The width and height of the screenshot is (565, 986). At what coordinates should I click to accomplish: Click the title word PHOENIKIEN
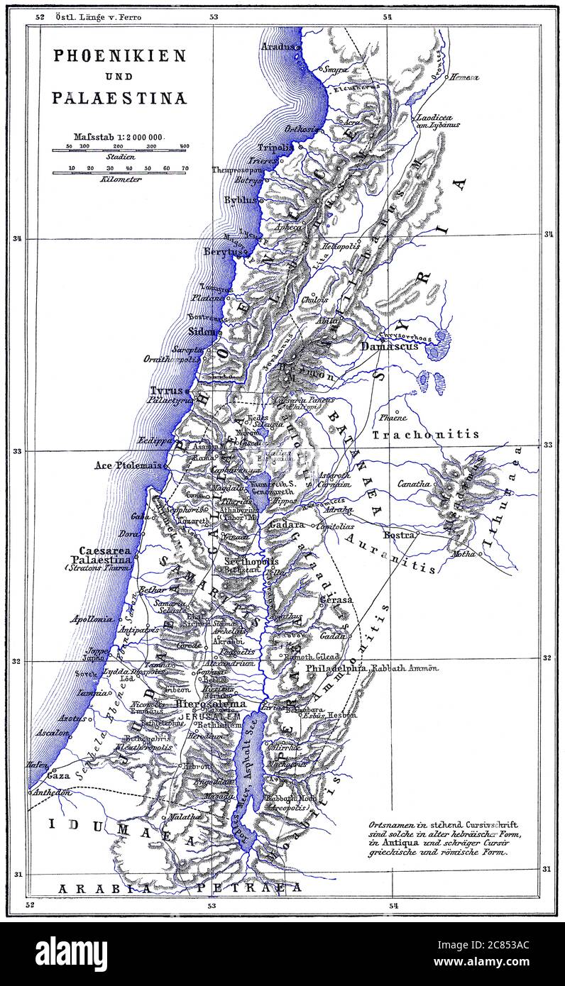(119, 56)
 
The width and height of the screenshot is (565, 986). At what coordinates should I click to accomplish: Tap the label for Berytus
(224, 252)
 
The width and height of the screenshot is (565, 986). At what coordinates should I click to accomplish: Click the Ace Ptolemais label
(128, 466)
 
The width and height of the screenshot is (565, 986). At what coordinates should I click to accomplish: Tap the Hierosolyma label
(210, 704)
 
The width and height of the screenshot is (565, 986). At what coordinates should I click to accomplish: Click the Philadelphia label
(336, 668)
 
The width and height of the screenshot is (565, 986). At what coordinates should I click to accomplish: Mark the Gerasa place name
(336, 599)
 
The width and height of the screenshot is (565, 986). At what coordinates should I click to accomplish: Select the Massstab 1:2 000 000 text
(119, 136)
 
